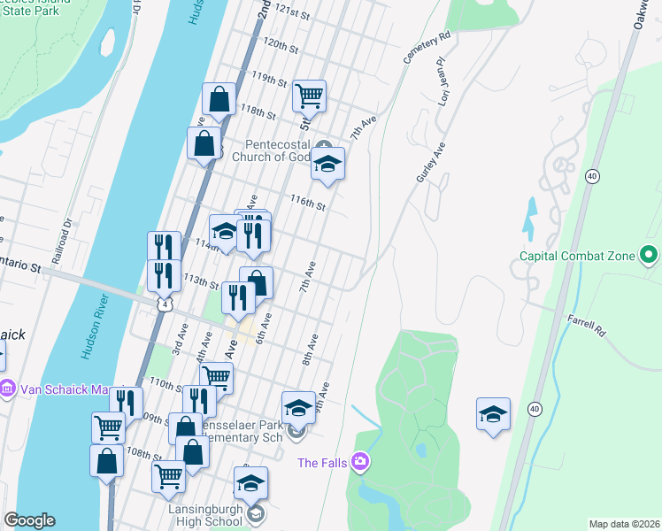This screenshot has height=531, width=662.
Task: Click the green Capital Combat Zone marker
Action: click(x=648, y=257)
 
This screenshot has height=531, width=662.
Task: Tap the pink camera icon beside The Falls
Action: click(x=359, y=461)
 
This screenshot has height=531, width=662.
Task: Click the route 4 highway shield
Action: click(x=165, y=304)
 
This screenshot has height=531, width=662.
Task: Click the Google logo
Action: click(x=29, y=520)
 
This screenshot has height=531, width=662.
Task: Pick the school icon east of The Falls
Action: click(x=493, y=413)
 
